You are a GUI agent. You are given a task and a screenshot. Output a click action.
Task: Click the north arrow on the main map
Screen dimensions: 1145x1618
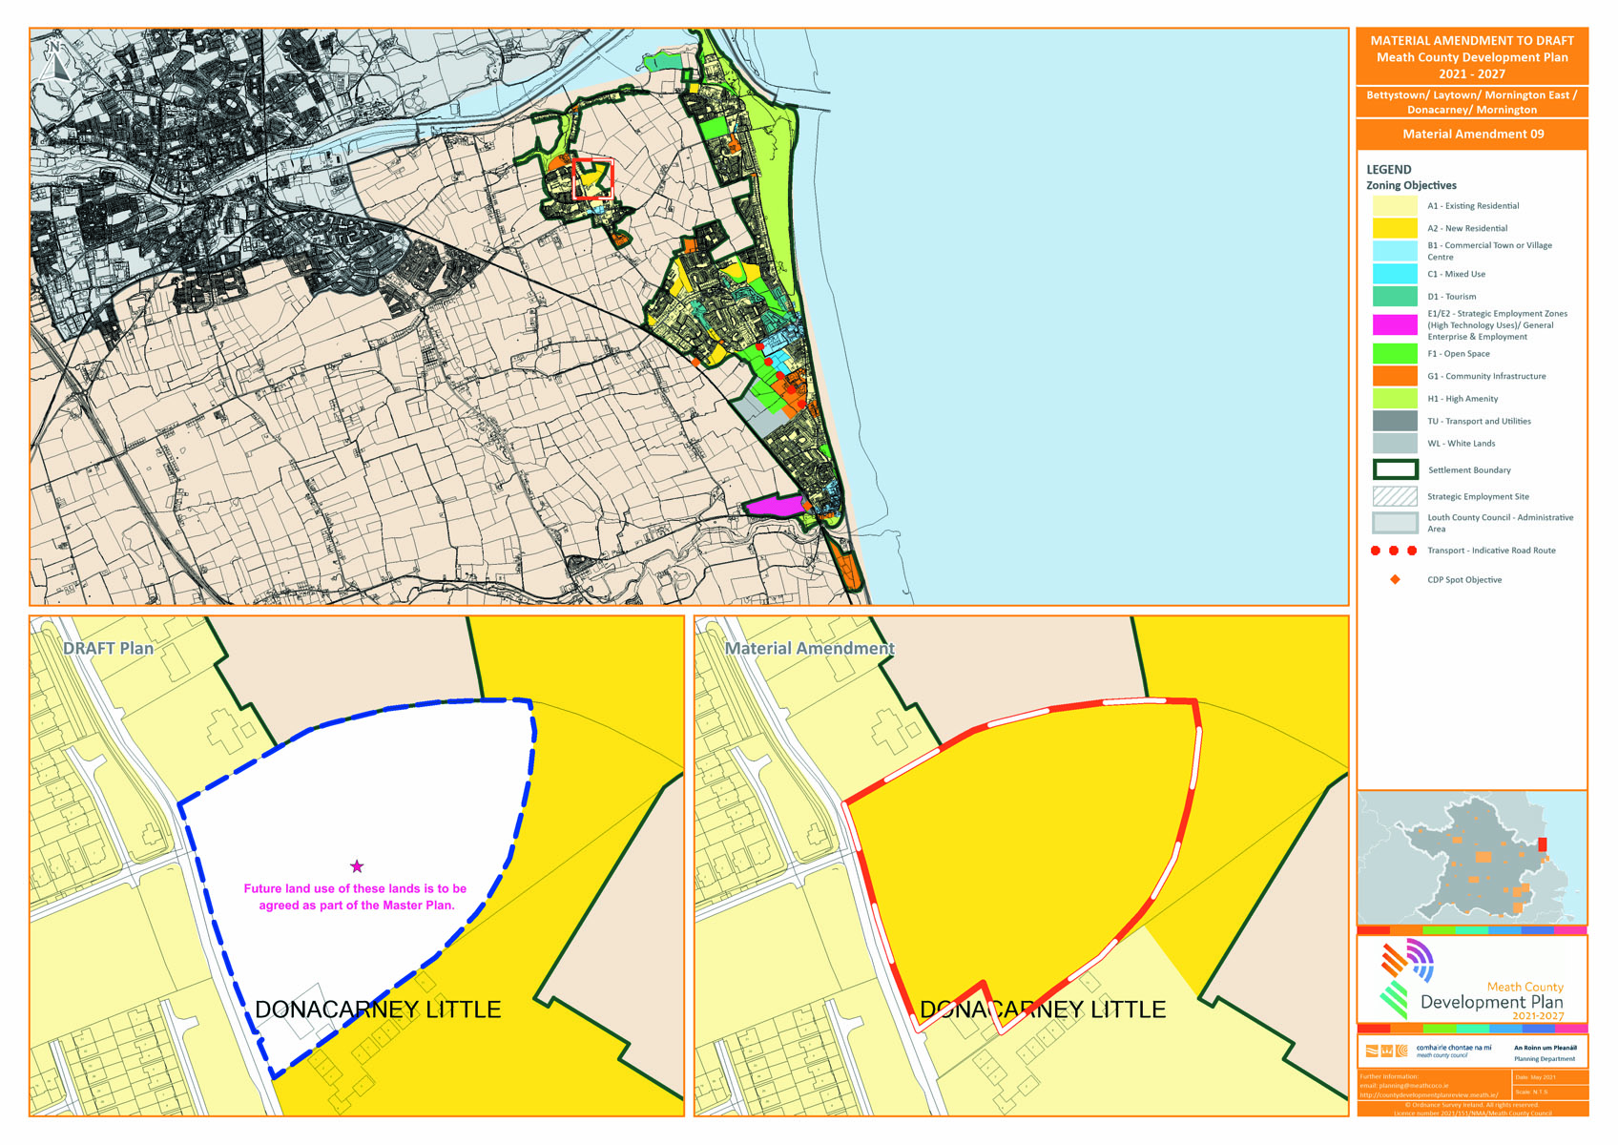coord(53,60)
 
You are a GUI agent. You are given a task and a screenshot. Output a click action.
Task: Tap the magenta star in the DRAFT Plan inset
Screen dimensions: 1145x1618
coord(357,866)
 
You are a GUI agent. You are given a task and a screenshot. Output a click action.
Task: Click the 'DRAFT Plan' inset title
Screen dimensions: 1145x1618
coord(108,649)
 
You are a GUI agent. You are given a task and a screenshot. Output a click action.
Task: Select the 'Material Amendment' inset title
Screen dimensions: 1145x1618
coord(809,649)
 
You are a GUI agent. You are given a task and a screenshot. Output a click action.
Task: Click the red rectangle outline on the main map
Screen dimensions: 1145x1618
coord(592,179)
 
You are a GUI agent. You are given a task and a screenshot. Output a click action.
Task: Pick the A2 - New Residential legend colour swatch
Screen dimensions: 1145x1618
coord(1394,229)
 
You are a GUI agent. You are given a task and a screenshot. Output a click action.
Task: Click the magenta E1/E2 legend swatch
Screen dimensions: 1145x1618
coord(1394,325)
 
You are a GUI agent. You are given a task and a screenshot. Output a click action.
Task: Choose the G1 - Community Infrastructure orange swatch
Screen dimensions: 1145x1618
coord(1394,377)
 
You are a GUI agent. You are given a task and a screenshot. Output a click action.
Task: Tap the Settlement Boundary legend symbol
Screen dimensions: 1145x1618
coord(1394,470)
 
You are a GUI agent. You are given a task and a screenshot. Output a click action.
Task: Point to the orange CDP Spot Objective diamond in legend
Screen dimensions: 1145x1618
coord(1395,580)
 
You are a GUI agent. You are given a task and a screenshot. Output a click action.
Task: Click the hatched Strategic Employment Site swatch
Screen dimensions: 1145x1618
coord(1394,497)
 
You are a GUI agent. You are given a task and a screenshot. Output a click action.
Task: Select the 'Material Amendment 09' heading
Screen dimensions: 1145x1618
coord(1472,135)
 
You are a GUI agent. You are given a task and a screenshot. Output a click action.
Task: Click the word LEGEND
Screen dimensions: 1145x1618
coord(1388,170)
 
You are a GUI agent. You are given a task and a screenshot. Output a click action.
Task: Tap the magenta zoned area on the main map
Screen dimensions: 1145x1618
coord(774,506)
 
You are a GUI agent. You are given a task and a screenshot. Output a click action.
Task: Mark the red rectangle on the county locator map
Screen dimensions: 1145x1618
coord(1543,845)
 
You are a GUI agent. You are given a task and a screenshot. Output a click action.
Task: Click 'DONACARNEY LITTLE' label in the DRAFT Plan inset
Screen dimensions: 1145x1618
coord(378,1010)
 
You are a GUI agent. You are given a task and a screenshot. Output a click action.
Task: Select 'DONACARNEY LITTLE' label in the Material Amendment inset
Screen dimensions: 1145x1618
coord(1042,1010)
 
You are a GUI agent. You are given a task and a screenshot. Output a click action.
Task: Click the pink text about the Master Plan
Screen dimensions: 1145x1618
coord(356,897)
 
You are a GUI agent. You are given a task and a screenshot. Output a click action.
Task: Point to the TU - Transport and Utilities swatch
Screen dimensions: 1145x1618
coord(1394,422)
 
